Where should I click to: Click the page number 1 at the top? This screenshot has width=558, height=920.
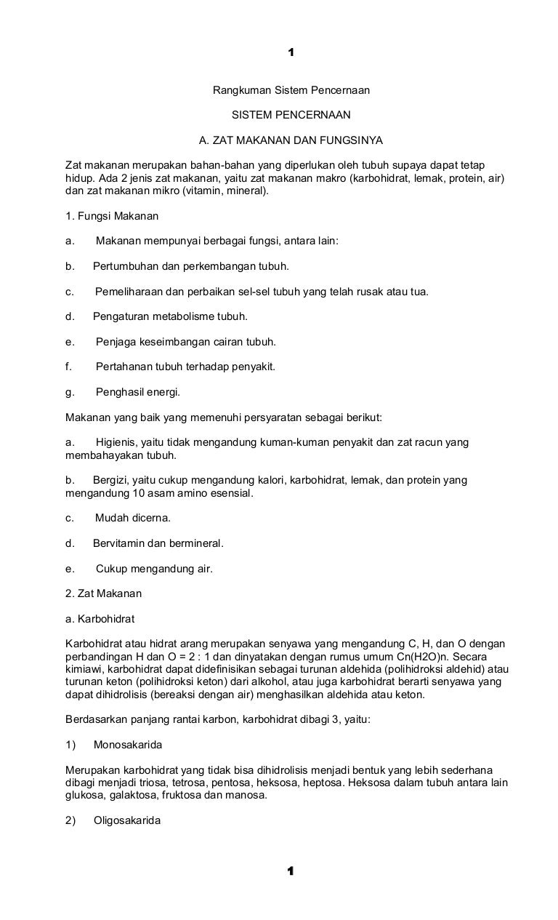[291, 52]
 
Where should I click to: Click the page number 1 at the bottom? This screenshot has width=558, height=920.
[291, 871]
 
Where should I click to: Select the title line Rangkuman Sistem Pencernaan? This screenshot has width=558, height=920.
[291, 91]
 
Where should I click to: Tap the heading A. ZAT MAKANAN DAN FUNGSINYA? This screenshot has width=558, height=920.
[291, 139]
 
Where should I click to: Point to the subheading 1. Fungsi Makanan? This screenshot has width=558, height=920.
[112, 216]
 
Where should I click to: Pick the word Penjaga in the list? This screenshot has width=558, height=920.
[115, 342]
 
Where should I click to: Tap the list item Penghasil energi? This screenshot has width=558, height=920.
[137, 392]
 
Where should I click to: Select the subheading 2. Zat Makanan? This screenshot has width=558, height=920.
[104, 593]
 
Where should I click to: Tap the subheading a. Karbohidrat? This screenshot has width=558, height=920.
[100, 619]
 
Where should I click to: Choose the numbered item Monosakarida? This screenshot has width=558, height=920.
[128, 745]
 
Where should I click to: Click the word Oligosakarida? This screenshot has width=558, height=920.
[127, 820]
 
